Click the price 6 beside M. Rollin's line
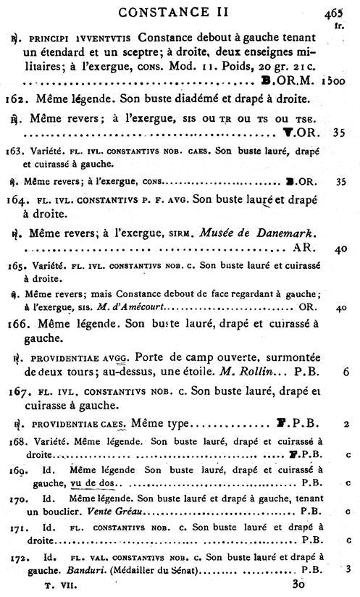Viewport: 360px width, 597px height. click(x=347, y=372)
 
